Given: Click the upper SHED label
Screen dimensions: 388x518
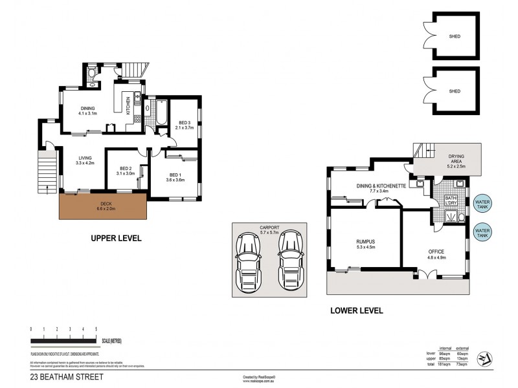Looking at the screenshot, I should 455,36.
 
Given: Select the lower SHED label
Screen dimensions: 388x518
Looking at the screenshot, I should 455,91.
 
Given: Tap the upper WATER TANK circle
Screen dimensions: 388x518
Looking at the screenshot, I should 482,203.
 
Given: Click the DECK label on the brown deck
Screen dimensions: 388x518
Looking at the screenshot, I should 102,206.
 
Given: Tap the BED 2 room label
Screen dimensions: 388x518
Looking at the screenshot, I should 125,171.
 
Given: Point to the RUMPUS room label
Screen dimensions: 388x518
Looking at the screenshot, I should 366,242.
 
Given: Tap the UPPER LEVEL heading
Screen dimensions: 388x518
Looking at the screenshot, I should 116,239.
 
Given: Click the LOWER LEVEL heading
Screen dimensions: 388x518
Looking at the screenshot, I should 356,310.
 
